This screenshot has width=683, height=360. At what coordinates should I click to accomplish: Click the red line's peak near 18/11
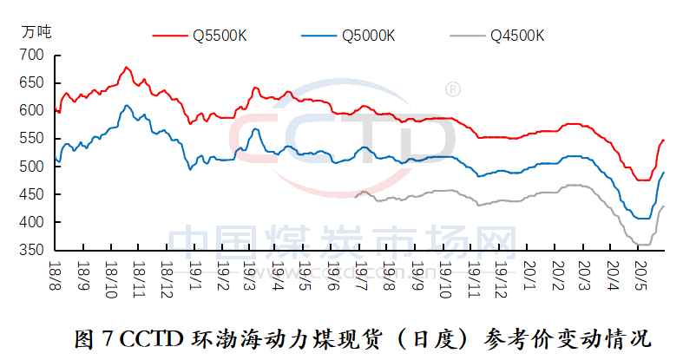pyautogui.click(x=127, y=67)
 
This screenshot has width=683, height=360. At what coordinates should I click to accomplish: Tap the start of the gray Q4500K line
pyautogui.click(x=356, y=197)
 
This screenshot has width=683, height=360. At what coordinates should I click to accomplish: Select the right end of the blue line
pyautogui.click(x=664, y=173)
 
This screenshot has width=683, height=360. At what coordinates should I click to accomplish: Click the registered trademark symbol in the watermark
pyautogui.click(x=452, y=88)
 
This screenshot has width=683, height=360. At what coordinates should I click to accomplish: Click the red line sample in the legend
pyautogui.click(x=171, y=36)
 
